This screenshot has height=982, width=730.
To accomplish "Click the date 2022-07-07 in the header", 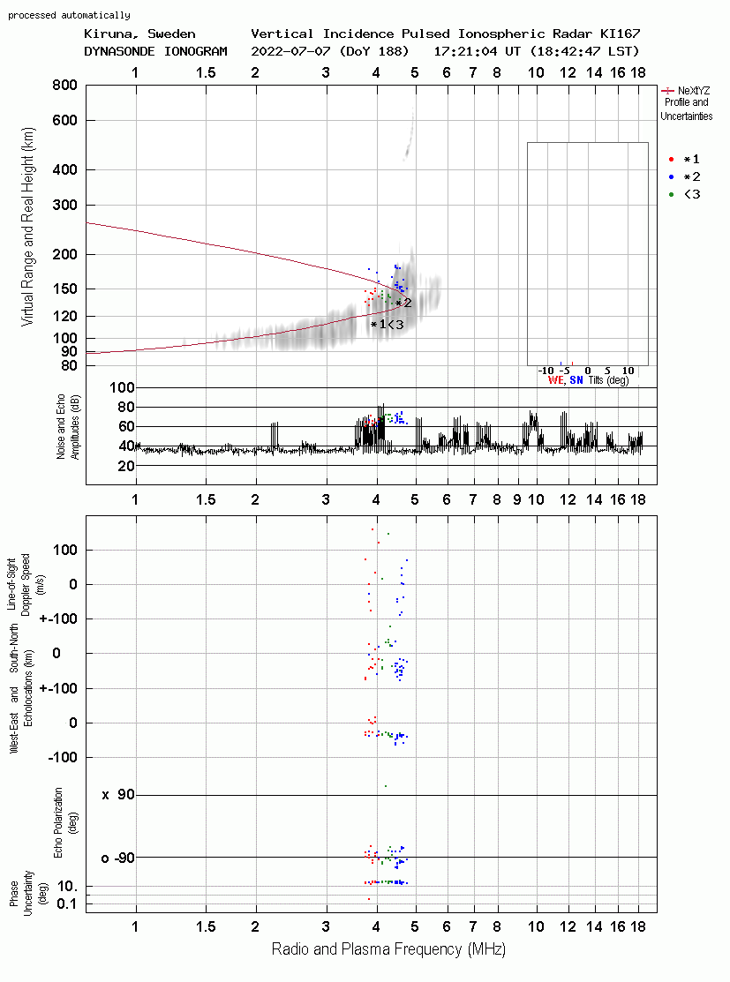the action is point(290,51).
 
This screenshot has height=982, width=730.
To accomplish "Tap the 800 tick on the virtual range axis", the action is point(65,86).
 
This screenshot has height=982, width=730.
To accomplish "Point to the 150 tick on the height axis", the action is point(65,289).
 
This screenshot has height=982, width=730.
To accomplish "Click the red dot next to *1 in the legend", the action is point(671,160).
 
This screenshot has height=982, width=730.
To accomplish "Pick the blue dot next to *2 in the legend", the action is point(671,177).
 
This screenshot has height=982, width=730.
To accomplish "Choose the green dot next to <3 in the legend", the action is point(671,195).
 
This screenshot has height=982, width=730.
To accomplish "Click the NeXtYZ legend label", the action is point(694,91).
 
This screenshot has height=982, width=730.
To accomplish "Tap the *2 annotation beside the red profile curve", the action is point(403,304).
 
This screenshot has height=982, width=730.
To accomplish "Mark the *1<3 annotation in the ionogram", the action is point(388,325).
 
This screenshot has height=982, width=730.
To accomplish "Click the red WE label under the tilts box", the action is point(556,380).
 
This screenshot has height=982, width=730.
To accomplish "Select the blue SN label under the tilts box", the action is point(576,380).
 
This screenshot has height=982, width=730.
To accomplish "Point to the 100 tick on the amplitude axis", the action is point(122,387).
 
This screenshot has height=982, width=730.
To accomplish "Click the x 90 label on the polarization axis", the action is point(118,795).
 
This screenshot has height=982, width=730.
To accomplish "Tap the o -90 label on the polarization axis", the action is point(117,858).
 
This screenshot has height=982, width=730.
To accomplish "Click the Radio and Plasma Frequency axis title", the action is point(388,949).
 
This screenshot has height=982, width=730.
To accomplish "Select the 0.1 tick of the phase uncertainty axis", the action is point(67,903).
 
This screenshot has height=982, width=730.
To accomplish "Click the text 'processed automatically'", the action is point(70,15).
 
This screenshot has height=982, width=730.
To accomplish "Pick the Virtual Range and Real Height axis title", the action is point(28,227).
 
